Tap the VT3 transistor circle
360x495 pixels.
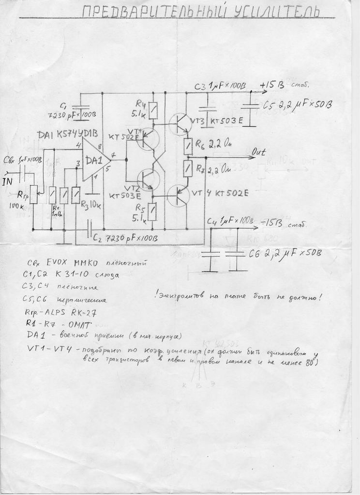(x=181, y=124)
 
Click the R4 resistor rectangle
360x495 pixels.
(x=153, y=111)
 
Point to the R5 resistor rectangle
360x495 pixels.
(x=152, y=211)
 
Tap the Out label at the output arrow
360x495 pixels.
(x=259, y=152)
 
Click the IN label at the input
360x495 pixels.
(x=7, y=182)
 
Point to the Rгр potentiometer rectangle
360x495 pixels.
(x=33, y=194)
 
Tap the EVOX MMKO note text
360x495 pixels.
(x=72, y=263)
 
